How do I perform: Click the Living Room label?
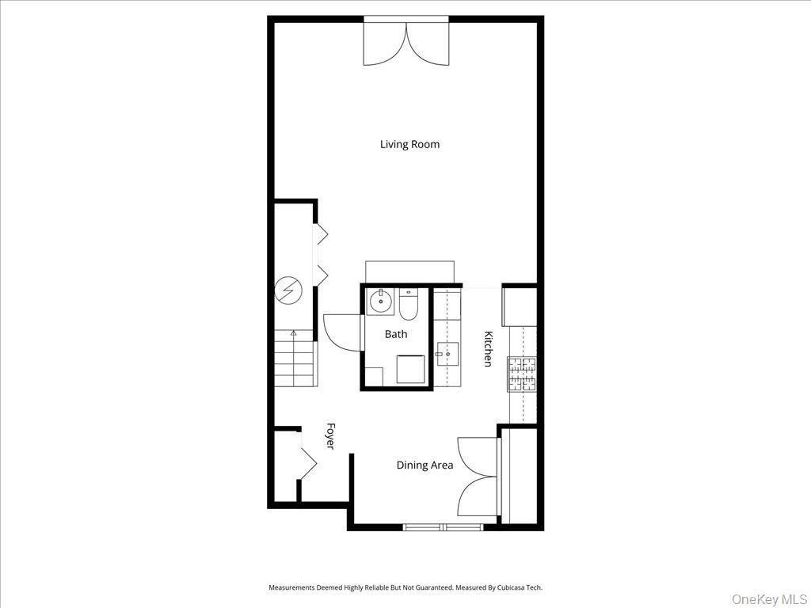(x=409, y=144)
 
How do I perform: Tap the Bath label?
(x=396, y=334)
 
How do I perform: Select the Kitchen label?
(x=487, y=348)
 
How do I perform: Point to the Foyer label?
(x=330, y=436)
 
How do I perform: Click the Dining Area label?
(x=425, y=465)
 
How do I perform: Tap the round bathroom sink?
(x=381, y=301)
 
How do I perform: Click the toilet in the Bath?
(x=408, y=304)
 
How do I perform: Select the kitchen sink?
(x=447, y=354)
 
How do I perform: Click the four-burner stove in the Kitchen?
(x=522, y=374)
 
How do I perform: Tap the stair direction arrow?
(x=294, y=334)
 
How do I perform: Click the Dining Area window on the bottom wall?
(x=443, y=526)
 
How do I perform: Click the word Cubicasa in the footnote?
(x=512, y=587)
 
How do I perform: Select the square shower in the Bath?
(x=411, y=369)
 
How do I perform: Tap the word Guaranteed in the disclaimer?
(x=432, y=587)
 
